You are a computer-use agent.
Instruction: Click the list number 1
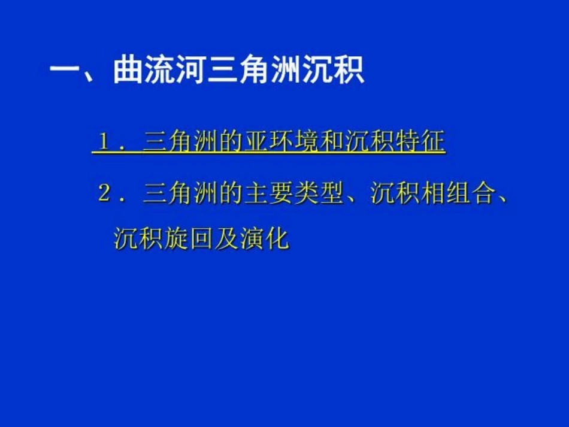104,141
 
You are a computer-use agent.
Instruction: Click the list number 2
104,193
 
